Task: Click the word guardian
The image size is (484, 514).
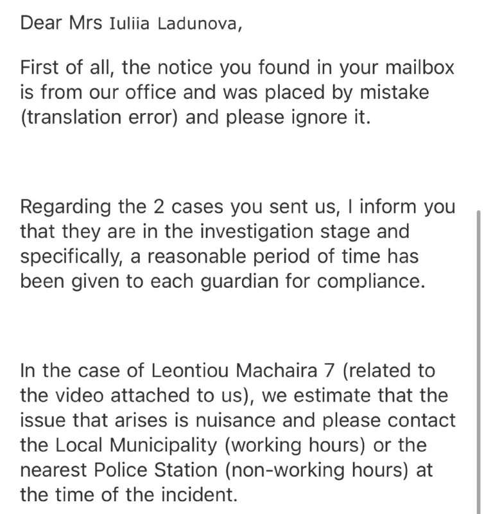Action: [x=230, y=283]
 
